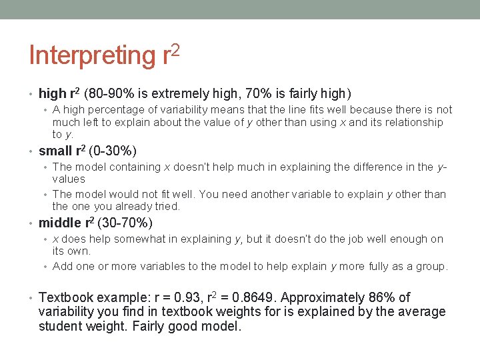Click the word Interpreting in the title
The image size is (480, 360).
pos(92,56)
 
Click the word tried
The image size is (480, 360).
pos(167,207)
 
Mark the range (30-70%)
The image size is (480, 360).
pos(125,223)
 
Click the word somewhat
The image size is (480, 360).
pos(134,239)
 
